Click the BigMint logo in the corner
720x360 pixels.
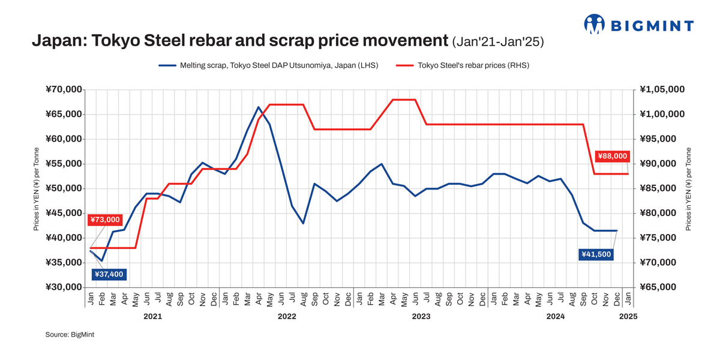638,25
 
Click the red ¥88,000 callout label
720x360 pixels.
613,156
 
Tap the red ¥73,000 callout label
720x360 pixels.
105,220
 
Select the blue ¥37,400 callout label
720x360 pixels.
109,274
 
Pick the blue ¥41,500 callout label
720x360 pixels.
596,254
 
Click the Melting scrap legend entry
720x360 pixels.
268,65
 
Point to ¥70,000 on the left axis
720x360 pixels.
64,89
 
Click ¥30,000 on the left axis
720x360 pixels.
64,287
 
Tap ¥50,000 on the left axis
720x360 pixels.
64,188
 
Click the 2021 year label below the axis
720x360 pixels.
152,316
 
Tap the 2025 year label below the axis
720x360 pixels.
628,316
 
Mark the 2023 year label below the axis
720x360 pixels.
421,316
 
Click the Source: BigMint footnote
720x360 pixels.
70,334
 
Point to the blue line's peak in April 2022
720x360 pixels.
259,107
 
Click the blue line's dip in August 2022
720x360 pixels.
304,223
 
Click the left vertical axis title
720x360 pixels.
37,188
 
